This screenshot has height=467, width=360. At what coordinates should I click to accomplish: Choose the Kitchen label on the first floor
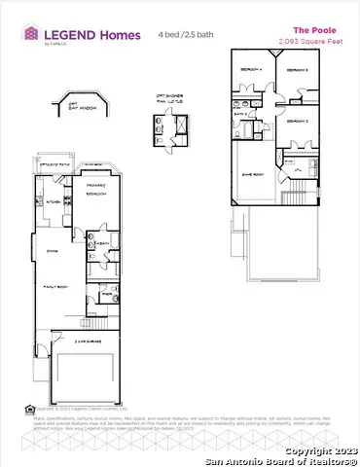(54, 202)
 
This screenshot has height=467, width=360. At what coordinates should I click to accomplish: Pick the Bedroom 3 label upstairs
(300, 71)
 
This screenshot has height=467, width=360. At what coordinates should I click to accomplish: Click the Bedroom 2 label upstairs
(298, 121)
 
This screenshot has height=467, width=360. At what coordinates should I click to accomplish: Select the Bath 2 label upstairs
(240, 114)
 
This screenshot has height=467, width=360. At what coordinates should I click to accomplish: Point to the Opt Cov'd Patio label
(51, 166)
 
